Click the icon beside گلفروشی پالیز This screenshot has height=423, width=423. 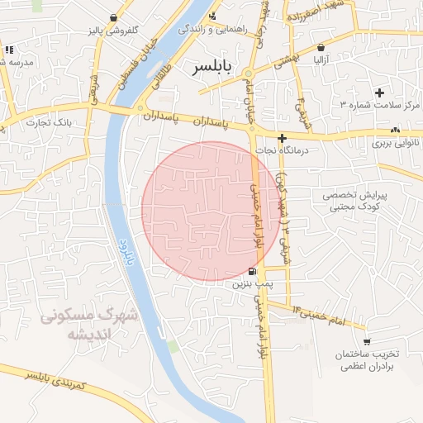tap(113, 17)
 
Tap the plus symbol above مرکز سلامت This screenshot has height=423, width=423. tap(379, 93)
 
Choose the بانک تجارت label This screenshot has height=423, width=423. tap(48, 123)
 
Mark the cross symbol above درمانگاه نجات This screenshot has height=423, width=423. tap(283, 138)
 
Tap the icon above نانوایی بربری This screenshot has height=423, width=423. tap(396, 130)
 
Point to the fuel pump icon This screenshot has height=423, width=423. tap(252, 272)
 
